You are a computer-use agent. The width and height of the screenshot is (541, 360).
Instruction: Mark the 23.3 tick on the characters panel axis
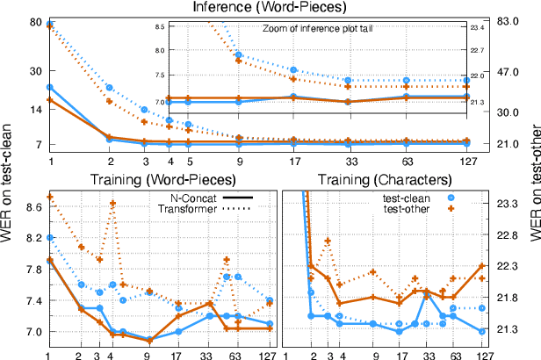click(x=508, y=204)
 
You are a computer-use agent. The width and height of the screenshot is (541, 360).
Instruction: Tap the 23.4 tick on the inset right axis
click(x=477, y=28)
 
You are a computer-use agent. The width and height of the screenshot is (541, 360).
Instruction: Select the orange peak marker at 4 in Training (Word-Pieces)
click(x=112, y=204)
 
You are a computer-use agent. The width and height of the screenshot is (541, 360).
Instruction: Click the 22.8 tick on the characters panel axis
click(x=508, y=235)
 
